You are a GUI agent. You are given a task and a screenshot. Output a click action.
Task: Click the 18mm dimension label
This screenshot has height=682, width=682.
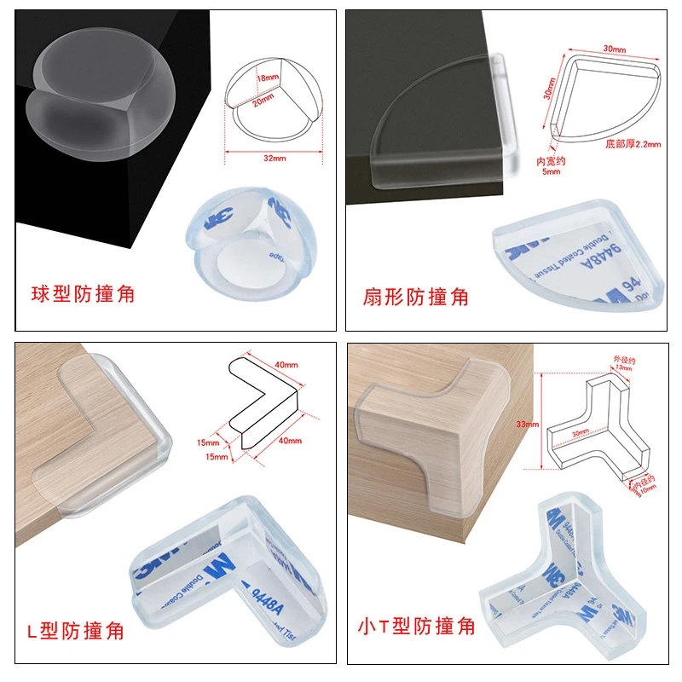tap(269, 78)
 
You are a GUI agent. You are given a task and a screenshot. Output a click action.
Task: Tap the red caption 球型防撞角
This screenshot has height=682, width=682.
tap(84, 295)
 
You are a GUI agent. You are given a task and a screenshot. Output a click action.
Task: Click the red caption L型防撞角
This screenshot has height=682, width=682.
tap(73, 631)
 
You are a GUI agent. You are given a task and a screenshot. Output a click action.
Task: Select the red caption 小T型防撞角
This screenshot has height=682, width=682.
tap(417, 627)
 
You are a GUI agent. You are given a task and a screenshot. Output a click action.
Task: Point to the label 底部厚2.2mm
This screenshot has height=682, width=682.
tap(633, 144)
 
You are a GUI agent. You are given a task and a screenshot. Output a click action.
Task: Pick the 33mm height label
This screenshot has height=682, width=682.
tap(527, 424)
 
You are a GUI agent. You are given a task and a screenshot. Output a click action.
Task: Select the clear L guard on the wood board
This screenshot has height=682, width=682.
tap(115, 426)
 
